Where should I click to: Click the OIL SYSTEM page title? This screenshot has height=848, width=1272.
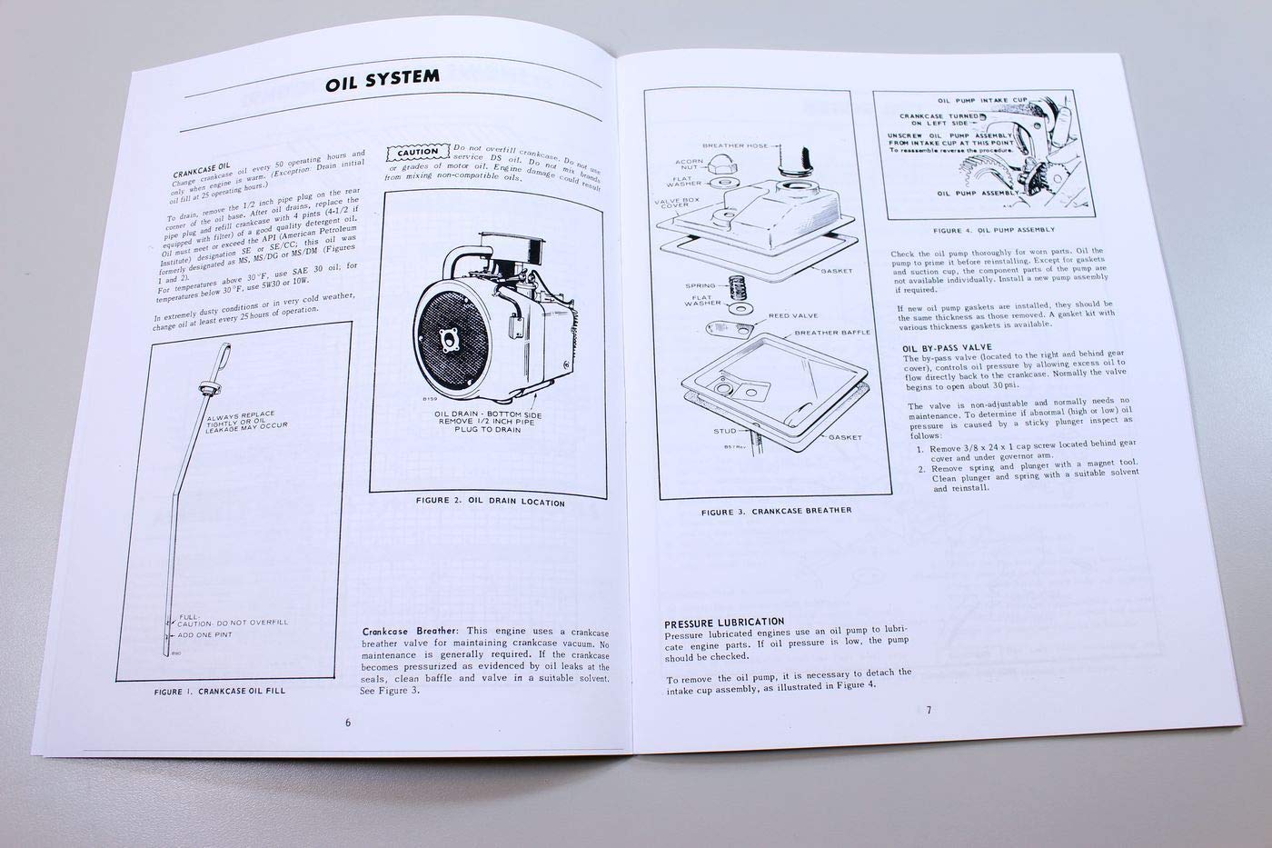383,83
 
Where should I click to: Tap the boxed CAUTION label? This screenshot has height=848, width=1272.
417,153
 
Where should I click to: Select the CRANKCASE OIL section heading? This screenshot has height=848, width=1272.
202,170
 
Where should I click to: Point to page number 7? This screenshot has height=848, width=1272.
929,710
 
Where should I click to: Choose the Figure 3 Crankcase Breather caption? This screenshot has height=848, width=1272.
776,511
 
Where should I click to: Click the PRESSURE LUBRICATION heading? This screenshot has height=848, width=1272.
724,624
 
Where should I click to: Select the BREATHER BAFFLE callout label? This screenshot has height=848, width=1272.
832,332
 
